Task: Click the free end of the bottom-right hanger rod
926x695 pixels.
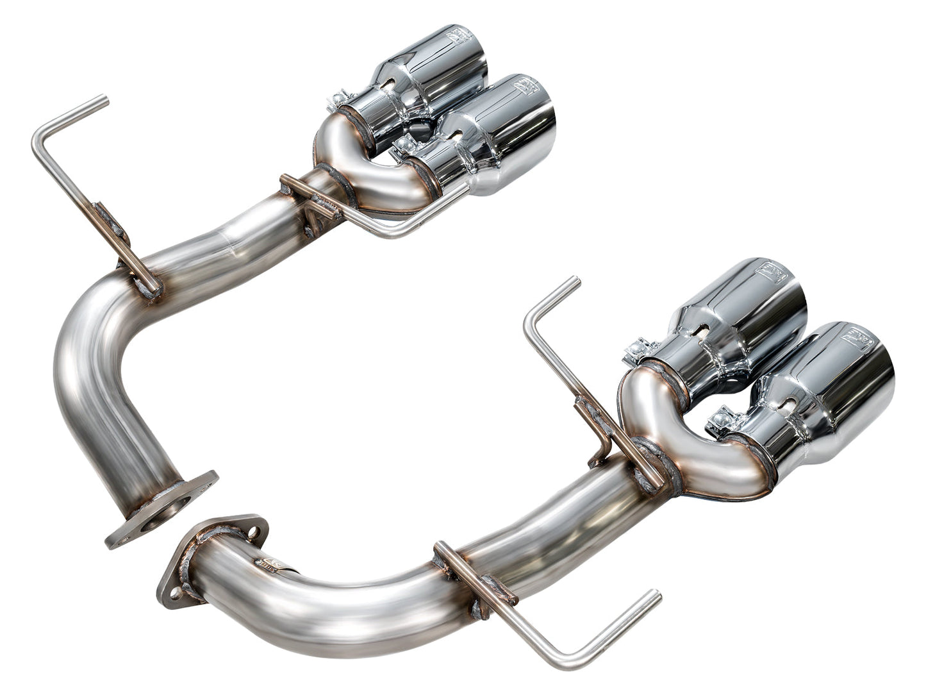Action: [x=655, y=596]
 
